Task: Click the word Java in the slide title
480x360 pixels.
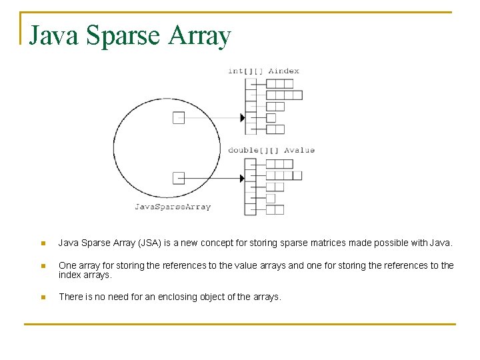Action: (51, 36)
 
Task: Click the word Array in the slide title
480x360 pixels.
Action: (200, 36)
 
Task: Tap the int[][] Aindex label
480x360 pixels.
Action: (263, 71)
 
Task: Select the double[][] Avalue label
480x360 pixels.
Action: (271, 150)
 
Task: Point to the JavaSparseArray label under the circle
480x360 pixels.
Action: (173, 207)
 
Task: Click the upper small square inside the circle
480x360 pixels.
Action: (179, 118)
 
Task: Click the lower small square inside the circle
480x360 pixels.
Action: (179, 177)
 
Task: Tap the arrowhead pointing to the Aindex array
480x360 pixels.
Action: (242, 118)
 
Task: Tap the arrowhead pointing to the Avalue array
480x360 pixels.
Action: (242, 178)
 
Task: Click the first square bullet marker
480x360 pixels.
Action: (43, 243)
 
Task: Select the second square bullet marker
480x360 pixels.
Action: (43, 265)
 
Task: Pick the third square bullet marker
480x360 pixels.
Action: (43, 297)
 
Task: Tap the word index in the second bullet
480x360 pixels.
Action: (70, 275)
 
